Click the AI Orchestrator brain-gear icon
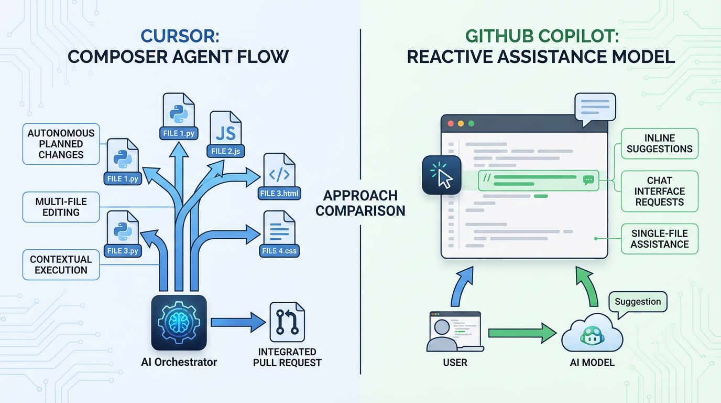click(x=179, y=322)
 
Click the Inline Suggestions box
click(x=659, y=143)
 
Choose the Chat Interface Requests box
click(x=659, y=191)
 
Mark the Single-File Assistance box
click(x=659, y=239)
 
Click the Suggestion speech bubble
click(x=638, y=302)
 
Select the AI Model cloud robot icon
click(x=592, y=334)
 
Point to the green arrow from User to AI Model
click(x=521, y=333)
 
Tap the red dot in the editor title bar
click(x=450, y=124)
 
